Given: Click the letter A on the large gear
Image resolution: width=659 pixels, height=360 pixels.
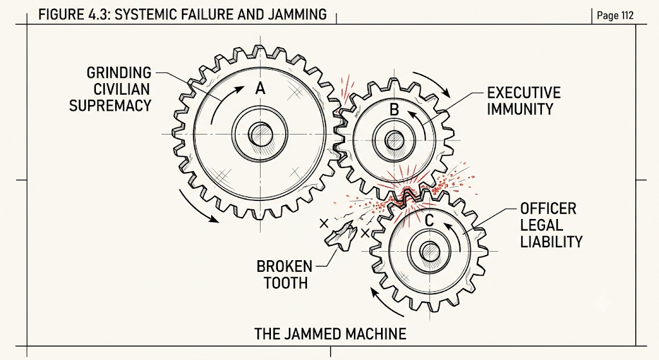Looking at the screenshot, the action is pos(261,89).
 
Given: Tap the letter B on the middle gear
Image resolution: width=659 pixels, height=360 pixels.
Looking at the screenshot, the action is pos(394,109).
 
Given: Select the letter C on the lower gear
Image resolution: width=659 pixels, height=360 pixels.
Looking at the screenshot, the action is pos(429,220).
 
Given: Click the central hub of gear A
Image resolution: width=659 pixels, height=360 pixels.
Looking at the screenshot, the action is pos(261,135).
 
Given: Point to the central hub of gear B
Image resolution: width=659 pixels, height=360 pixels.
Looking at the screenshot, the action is pos(394,140).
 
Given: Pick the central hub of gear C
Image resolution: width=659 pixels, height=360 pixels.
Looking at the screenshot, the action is pos(429,252).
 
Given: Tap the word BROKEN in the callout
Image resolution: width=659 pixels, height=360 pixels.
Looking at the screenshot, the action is pos(284,266).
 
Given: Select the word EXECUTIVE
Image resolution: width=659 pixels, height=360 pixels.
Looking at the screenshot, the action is pos(524,93).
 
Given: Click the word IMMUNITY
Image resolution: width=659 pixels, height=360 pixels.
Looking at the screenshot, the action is pos(520,109).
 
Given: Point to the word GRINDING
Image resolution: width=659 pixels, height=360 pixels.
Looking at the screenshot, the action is pos(119,72).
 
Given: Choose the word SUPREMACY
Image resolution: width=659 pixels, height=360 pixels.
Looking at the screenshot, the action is pos(110,105).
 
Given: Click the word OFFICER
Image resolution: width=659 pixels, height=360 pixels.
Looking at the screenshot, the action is pos(548,209).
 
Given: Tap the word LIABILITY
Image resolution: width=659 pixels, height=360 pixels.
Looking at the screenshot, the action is pos(552,242).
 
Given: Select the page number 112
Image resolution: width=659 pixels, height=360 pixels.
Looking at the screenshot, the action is pos(627,15).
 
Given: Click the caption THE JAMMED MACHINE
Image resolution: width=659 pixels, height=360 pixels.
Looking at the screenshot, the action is pos(330,334).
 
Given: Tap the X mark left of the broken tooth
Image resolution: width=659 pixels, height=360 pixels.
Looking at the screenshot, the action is pos(324,223).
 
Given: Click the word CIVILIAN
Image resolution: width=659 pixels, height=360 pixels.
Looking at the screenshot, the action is pos(122,89).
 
